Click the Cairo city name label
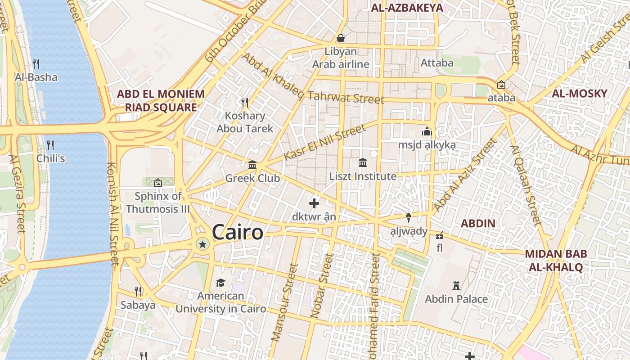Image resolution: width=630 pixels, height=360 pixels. pos(237,232)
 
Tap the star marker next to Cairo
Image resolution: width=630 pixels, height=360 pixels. pos(202,244)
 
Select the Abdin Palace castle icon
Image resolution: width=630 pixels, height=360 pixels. pos(456,286)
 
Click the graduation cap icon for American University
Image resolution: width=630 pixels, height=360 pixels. pos(220,283)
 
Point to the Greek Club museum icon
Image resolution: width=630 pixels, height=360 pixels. pos(252,165)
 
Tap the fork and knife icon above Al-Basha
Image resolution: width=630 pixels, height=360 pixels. pos(36,64)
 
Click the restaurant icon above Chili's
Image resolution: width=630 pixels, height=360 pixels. pos(50,145)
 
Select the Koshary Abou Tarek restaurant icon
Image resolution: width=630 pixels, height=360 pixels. pos(245,103)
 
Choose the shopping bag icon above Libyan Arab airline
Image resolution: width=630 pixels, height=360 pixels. pos(341,38)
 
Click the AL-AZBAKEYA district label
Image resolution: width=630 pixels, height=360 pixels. pos(400,7)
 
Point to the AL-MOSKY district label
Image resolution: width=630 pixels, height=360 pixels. pos(580,94)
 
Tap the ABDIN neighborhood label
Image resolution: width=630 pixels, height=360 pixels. pos(478,223)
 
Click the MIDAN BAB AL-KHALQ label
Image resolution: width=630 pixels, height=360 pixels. pos(556,261)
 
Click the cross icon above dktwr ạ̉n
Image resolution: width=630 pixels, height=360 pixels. pos(314,203)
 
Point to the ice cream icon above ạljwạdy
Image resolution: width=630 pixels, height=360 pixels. pos(409,218)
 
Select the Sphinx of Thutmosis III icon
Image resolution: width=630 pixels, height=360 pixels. pos(158,183)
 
